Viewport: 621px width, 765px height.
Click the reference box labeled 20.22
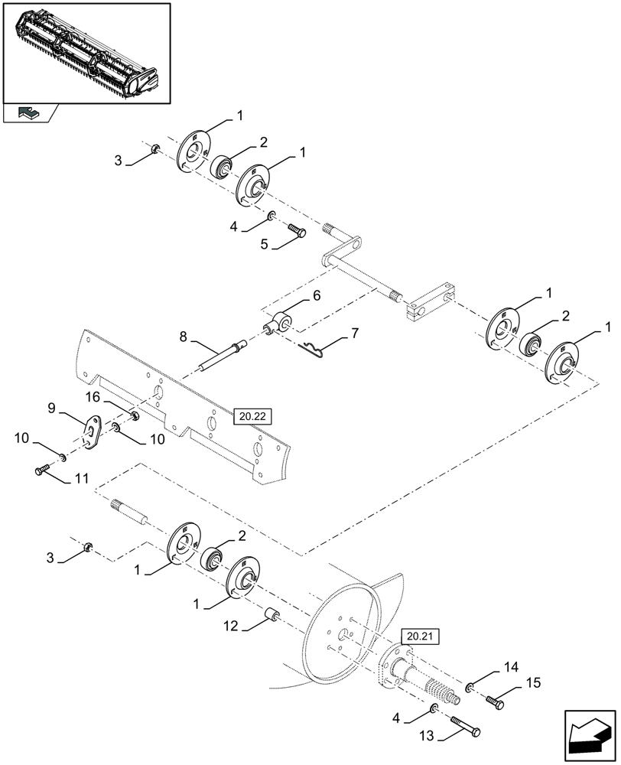click(253, 416)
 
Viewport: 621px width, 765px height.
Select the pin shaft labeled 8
click(224, 356)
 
